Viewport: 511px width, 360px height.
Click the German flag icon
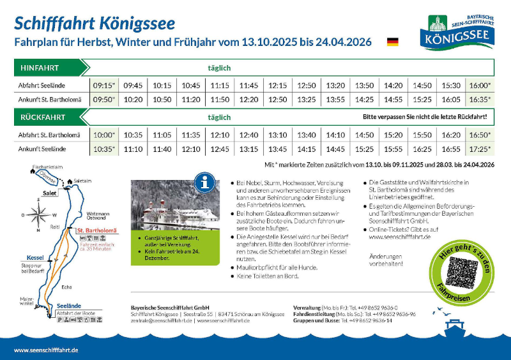(x=392, y=42)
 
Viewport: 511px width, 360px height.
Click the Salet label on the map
(x=49, y=192)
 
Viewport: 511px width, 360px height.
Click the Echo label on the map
(x=67, y=287)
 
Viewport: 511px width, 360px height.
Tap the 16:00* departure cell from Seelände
(x=480, y=86)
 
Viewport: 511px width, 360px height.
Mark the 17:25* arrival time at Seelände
(x=480, y=149)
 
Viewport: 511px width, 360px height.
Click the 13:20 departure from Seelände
(x=335, y=86)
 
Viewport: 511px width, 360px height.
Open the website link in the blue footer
(x=46, y=350)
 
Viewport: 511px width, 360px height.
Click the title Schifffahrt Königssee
(x=94, y=24)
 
